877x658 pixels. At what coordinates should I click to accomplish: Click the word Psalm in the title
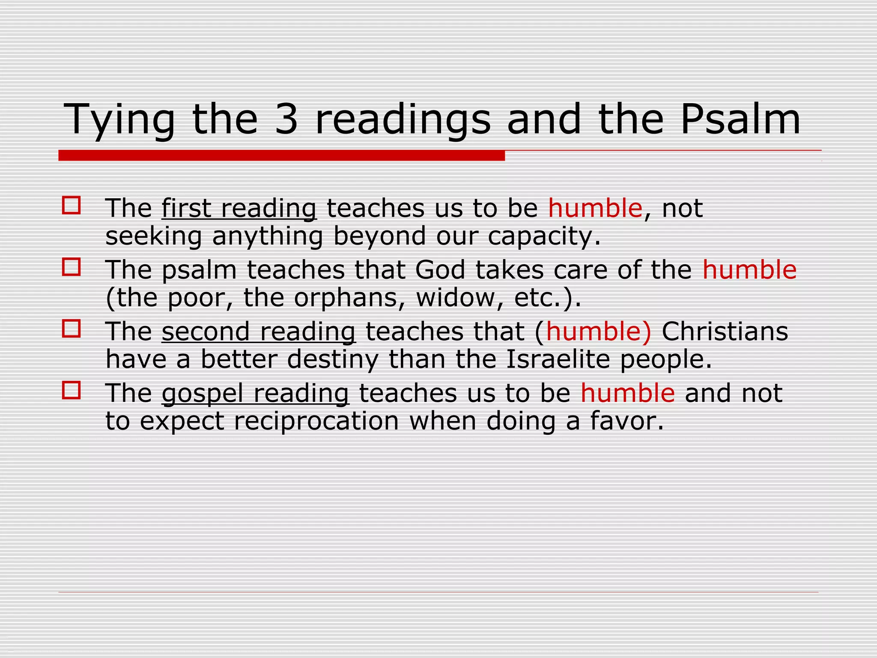pos(740,119)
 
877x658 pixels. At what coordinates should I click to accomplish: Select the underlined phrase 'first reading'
pos(239,209)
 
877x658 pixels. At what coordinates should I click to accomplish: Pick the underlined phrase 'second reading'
pos(259,332)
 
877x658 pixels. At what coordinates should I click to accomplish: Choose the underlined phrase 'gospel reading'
pos(255,394)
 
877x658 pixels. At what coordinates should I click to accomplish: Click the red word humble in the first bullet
pos(595,209)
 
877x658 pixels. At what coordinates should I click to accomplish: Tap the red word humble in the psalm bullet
pos(749,270)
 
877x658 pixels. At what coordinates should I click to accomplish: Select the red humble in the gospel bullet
pos(627,394)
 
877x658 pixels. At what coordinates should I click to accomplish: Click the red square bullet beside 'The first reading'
pos(71,205)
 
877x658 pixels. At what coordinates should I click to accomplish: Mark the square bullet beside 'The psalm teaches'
pos(71,267)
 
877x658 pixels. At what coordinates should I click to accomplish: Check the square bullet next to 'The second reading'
pos(71,329)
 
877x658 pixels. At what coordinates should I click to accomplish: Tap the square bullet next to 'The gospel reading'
pos(71,390)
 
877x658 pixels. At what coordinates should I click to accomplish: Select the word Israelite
pos(558,359)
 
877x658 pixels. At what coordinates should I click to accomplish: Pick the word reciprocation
pos(316,421)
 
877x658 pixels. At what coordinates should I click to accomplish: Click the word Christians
pos(725,332)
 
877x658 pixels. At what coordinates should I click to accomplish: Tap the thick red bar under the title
pos(281,156)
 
